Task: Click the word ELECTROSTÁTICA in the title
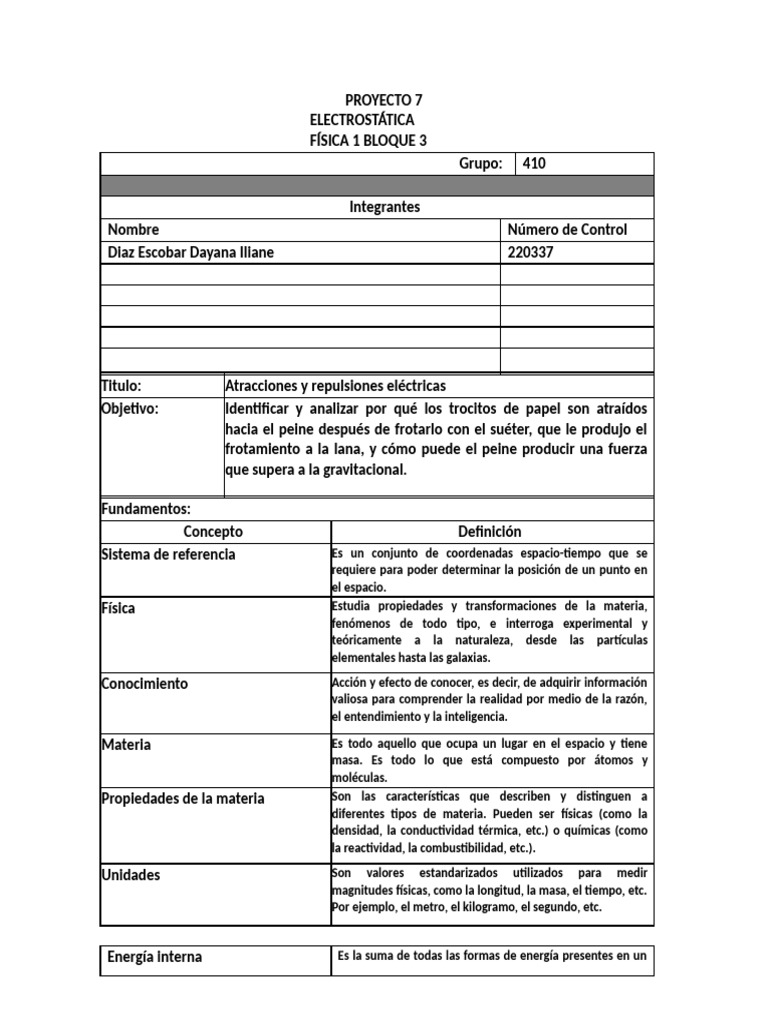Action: (361, 120)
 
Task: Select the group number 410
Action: (535, 164)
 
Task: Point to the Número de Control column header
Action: (568, 230)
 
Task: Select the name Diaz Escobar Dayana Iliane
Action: (190, 253)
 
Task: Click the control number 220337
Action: (531, 253)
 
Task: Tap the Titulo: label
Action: (122, 386)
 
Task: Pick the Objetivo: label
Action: (130, 409)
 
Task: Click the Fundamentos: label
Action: (146, 509)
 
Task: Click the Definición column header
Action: (490, 532)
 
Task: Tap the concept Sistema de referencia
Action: (169, 554)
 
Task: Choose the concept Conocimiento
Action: (145, 684)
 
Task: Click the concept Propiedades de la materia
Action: (183, 798)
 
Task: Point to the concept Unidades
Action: (131, 875)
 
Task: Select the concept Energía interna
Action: (154, 957)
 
